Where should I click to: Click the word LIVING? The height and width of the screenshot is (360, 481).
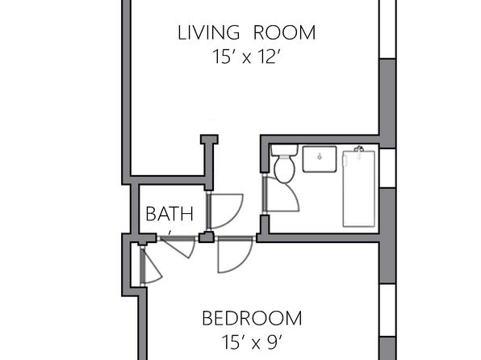pos(208,32)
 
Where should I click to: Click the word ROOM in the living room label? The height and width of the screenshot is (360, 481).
pos(285,32)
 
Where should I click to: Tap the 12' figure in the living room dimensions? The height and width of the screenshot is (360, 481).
pos(269,57)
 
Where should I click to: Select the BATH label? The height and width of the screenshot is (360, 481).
pos(169,214)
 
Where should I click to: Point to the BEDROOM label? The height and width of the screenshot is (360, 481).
pos(252,318)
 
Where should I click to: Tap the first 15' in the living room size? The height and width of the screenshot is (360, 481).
pos(221,57)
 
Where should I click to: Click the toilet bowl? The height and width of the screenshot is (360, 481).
pos(284,169)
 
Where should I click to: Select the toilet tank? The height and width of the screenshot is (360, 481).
pos(284,150)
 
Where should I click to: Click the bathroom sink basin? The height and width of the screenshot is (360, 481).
pos(320,159)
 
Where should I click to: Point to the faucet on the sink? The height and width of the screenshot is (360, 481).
pos(320,157)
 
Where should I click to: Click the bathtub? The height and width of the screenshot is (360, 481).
pos(358,188)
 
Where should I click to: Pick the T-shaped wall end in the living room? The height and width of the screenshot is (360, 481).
pos(209,140)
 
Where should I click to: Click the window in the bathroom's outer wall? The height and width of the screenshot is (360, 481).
pos(387,168)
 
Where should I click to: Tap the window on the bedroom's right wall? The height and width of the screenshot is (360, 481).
pos(387,310)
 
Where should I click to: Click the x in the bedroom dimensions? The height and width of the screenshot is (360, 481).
pos(256,345)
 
